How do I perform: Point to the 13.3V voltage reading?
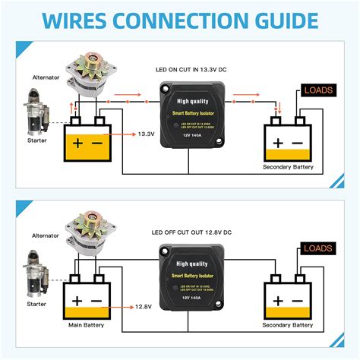(x=146, y=134)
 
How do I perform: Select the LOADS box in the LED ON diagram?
(x=318, y=90)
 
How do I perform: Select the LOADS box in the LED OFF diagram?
(x=318, y=248)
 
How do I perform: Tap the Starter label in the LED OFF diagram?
(x=37, y=302)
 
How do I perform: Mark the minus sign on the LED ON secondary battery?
(x=298, y=142)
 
